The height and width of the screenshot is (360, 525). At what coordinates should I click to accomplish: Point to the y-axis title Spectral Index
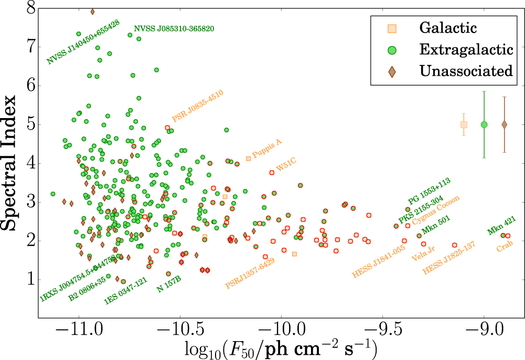14,163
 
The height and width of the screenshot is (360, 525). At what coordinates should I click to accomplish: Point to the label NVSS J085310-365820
174,28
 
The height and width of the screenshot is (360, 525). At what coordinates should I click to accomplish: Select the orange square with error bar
464,124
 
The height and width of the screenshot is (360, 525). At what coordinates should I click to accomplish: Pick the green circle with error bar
484,124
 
